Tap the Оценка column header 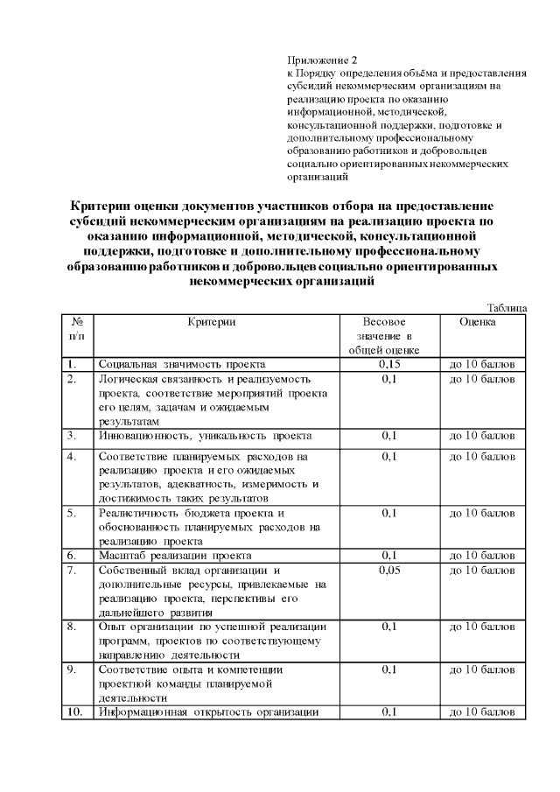(x=478, y=322)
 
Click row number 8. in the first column (x=72, y=627)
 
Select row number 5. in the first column (x=72, y=513)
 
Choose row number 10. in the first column (x=75, y=712)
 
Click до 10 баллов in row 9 (x=482, y=670)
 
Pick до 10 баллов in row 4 (x=482, y=457)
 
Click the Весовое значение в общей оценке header (x=389, y=336)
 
